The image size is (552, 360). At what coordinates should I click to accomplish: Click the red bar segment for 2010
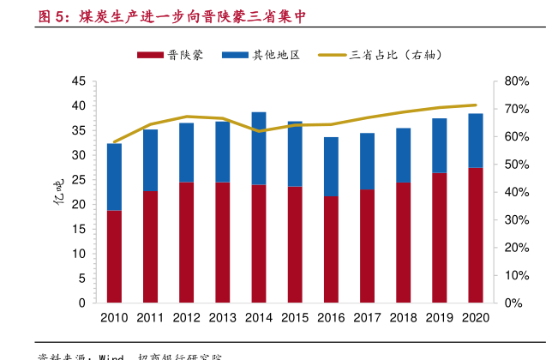(x=114, y=256)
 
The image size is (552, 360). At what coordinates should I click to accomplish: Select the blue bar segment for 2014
(x=259, y=148)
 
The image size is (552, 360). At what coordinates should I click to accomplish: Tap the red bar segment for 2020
(x=476, y=235)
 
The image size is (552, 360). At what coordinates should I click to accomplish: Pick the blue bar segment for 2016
(x=331, y=166)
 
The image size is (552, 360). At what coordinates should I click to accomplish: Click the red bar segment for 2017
(x=367, y=246)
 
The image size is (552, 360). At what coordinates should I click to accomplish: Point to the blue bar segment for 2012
(x=186, y=153)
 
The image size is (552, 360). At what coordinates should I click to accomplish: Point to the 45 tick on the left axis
(x=78, y=81)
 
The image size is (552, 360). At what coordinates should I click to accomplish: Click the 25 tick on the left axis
(x=78, y=180)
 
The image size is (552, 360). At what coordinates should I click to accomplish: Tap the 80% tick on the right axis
(x=519, y=81)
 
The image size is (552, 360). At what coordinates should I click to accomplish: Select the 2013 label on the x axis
(x=222, y=318)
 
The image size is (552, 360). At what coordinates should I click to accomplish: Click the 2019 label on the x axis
(x=440, y=318)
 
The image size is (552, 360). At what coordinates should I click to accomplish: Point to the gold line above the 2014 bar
(x=259, y=131)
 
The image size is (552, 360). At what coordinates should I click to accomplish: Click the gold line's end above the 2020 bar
(x=476, y=105)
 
